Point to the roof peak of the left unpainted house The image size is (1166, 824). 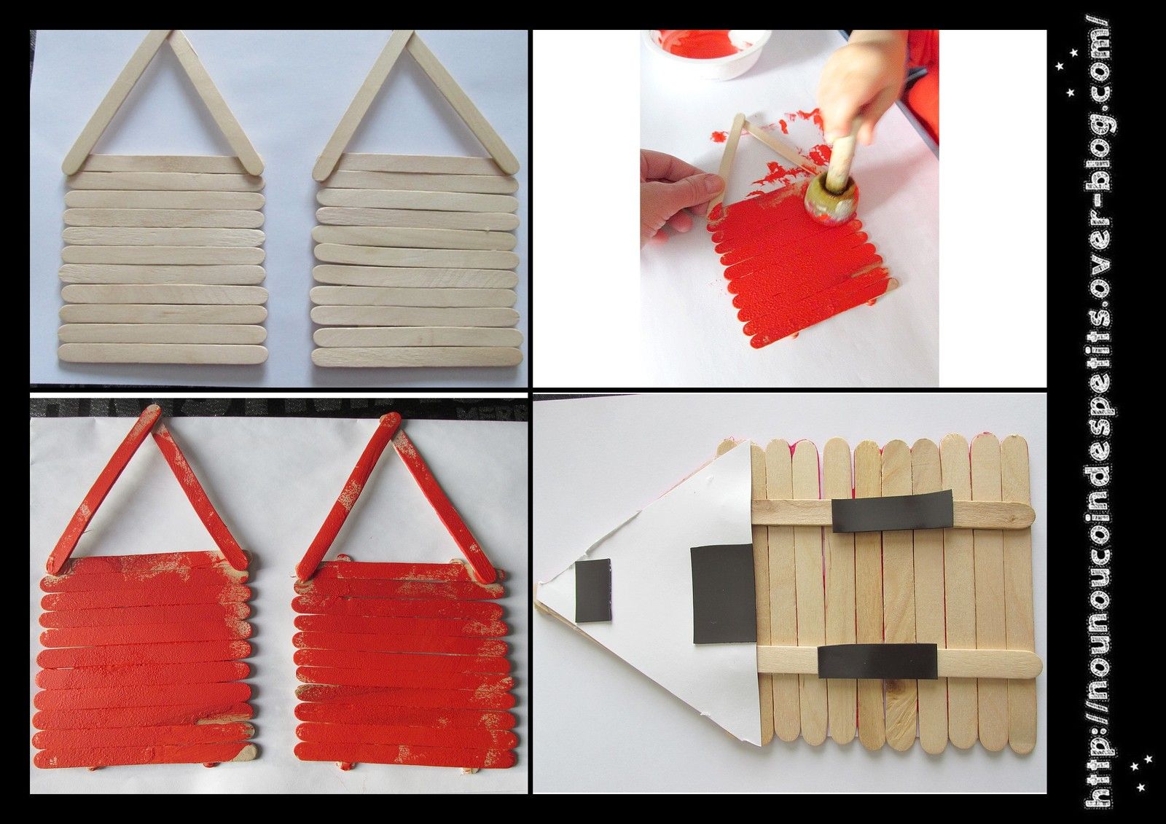(171, 32)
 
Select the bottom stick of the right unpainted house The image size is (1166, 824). (417, 356)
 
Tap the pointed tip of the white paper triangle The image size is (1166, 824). (536, 603)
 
